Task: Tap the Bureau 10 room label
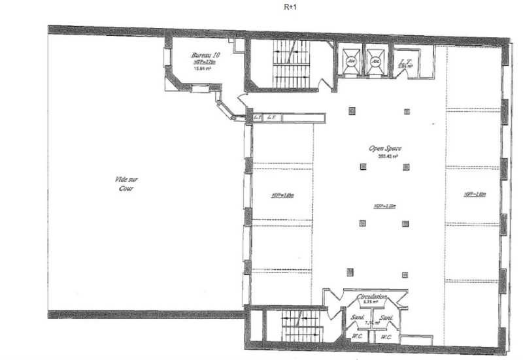205,56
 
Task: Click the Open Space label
385,149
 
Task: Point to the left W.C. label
357,338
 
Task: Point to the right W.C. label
386,338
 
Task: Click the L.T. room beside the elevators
405,63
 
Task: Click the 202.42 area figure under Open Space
384,156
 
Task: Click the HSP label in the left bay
282,194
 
